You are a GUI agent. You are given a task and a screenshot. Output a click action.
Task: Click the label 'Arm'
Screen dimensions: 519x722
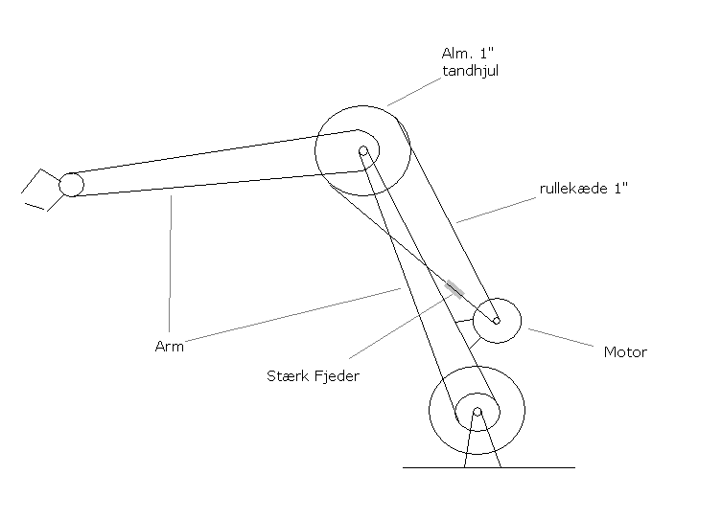(170, 347)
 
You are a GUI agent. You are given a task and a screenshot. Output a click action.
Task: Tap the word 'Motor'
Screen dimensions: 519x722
(624, 352)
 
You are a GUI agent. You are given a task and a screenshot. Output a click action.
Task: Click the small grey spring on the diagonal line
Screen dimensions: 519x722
(454, 288)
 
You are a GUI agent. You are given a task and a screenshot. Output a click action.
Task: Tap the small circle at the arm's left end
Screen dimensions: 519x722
(71, 184)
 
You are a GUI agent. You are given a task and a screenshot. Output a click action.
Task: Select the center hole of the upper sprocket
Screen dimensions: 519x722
(363, 150)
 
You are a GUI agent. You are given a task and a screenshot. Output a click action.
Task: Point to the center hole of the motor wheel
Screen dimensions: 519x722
(496, 321)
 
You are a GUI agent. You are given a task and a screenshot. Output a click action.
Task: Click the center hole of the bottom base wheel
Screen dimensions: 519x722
(477, 412)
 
